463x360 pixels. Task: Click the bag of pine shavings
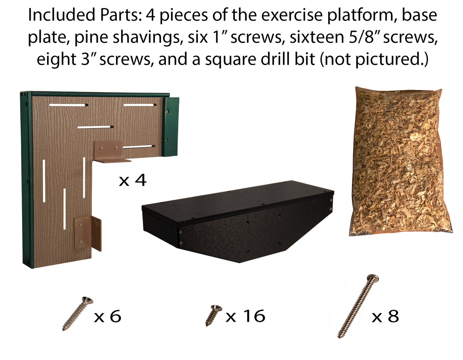400,162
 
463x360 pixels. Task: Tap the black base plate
238,222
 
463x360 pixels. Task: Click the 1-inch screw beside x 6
77,313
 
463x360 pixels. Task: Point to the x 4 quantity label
132,180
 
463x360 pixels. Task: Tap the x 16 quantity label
245,316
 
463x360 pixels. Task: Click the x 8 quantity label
385,316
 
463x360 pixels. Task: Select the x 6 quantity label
107,316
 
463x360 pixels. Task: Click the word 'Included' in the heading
61,15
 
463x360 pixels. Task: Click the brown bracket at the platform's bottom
88,233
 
